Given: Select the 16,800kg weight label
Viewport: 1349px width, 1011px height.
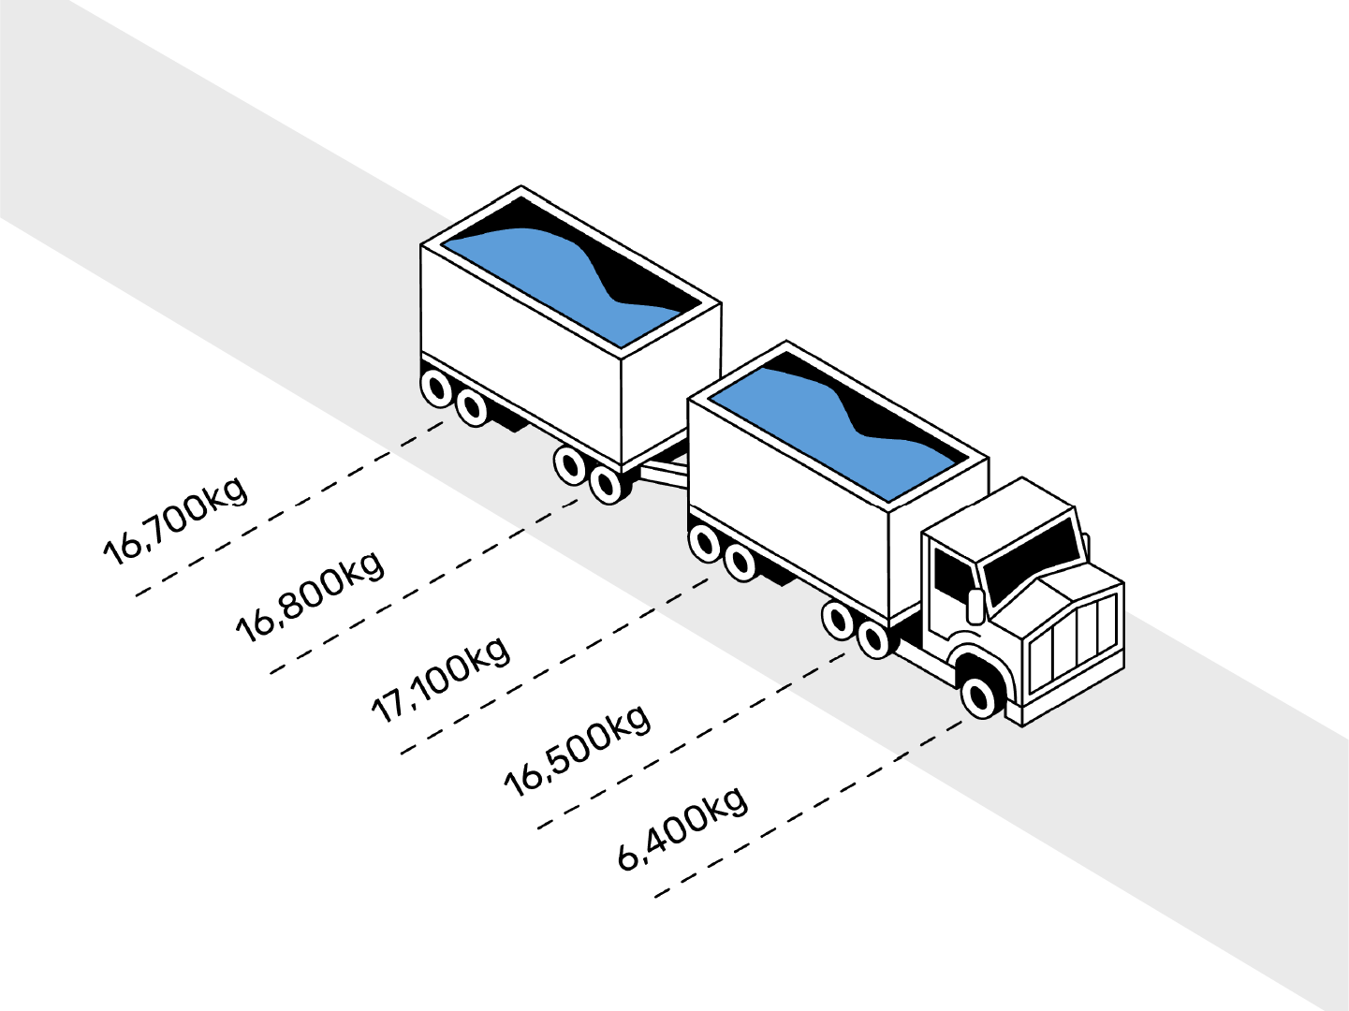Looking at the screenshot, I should coord(309,596).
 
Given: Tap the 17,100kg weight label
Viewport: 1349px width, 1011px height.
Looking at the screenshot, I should coord(441,679).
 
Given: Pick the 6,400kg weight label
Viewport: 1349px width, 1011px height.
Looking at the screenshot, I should coord(683,828).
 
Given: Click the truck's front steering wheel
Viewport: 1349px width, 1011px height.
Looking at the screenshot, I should coord(978,696).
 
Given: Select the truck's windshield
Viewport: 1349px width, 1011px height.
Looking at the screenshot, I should coord(1030,560).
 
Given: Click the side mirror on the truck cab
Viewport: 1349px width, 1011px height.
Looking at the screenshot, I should coord(975,606).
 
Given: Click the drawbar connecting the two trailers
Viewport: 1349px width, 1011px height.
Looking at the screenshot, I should coord(663,468).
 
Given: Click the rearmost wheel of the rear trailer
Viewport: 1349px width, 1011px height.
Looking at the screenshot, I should coord(437,388).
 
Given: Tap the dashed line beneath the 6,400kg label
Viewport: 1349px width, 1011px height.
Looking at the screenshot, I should coord(810,813).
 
